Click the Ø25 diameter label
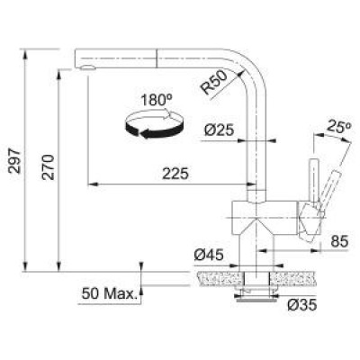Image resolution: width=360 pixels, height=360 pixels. (x=219, y=130)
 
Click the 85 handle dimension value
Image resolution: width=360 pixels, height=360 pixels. (x=340, y=240)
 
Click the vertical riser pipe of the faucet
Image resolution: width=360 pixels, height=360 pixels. (x=256, y=144)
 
